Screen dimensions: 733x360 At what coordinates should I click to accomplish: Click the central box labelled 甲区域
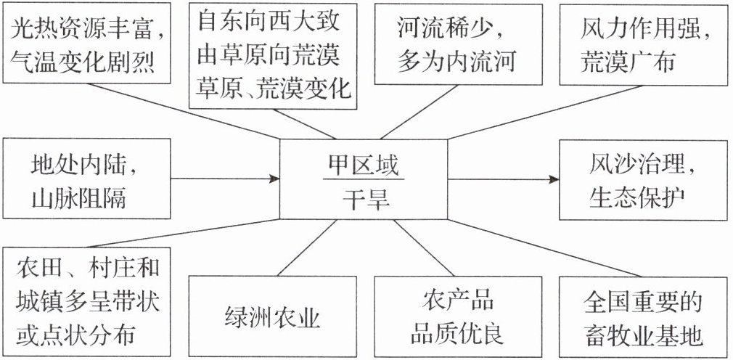pos(363,179)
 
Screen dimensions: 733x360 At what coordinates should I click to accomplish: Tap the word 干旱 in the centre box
pos(363,200)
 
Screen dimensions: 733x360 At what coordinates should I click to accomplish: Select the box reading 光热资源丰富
pos(86,43)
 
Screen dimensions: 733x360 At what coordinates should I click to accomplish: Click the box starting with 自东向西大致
pos(273,56)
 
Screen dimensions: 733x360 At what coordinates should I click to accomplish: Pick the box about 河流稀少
pos(458,44)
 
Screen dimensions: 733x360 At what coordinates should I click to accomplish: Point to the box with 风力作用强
pos(643,44)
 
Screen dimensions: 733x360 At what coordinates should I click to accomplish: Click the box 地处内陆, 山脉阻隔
pos(86,179)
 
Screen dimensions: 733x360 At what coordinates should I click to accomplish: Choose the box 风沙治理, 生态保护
pos(643,179)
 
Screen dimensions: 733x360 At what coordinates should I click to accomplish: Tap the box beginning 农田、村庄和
pos(86,301)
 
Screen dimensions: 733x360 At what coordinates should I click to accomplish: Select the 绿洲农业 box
pos(273,316)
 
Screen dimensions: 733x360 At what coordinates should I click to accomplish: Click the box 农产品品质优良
pos(458,316)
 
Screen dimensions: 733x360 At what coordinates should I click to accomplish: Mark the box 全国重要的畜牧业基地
pos(643,316)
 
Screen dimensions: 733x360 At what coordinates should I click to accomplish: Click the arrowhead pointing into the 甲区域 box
pos(274,179)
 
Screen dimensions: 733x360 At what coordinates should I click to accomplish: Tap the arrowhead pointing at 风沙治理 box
pos(554,179)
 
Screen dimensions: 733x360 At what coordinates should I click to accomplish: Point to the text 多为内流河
pos(456,62)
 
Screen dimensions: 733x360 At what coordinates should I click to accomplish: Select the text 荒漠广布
pos(628,62)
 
